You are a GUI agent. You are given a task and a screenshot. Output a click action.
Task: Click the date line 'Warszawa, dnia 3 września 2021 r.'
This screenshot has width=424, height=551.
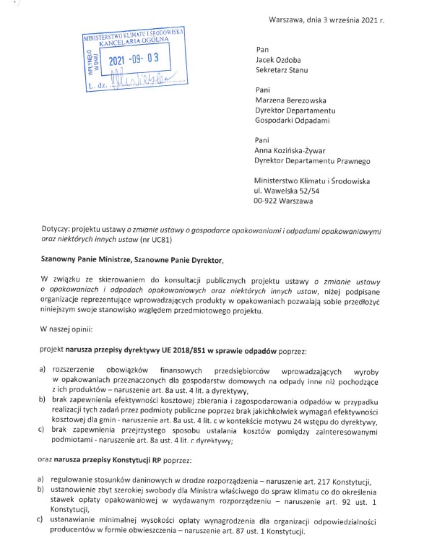point(326,19)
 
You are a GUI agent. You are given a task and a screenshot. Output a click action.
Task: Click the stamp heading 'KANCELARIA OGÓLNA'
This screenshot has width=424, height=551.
point(137,43)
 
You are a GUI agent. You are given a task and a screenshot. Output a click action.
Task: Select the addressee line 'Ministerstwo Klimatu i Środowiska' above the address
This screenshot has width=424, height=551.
point(312,180)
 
